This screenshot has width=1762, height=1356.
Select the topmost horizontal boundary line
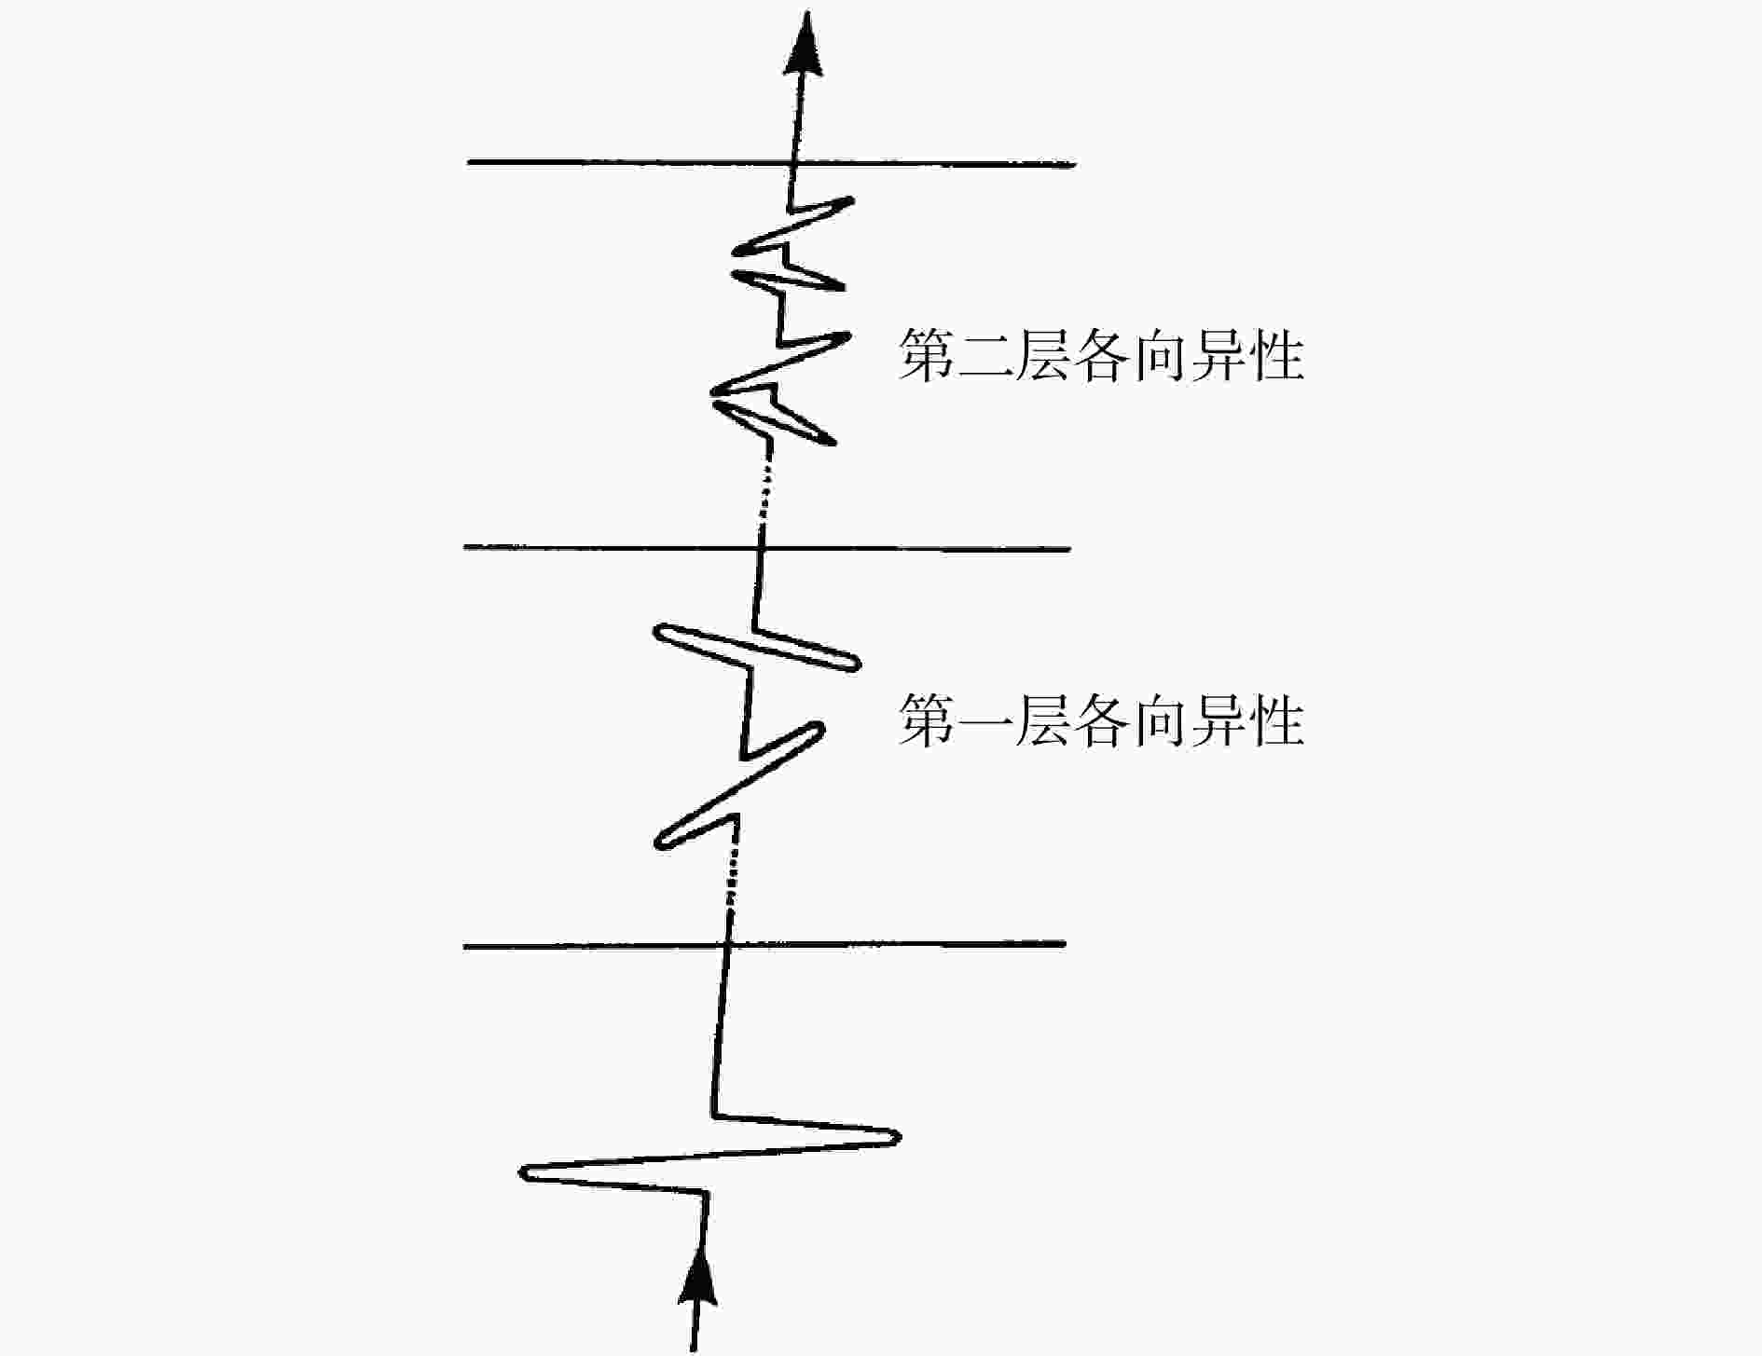click(771, 163)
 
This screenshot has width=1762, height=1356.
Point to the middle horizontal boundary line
click(767, 548)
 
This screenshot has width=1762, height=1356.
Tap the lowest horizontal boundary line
click(764, 945)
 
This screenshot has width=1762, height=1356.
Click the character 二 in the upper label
click(984, 355)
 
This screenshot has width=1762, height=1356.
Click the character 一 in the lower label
click(984, 719)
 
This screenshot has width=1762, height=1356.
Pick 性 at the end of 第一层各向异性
click(1275, 719)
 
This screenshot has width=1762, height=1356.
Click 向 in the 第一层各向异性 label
click(1159, 719)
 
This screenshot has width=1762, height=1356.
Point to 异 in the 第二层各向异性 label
click(1218, 355)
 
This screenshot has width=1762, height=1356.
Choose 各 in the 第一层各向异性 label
click(1101, 719)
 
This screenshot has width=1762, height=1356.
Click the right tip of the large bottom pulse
click(898, 1137)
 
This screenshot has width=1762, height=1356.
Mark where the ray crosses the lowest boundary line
click(726, 945)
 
